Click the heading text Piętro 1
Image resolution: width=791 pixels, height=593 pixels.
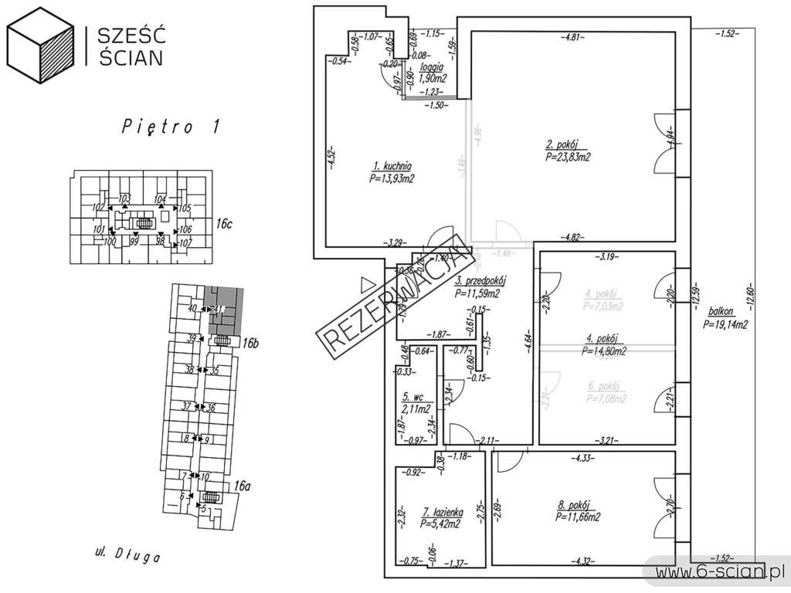point(171,127)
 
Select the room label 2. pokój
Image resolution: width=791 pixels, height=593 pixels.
point(562,144)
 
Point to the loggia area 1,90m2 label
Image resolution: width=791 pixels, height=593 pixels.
point(433,78)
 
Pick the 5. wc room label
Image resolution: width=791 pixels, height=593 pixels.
point(412,397)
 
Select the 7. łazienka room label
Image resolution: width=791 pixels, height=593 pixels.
point(442,511)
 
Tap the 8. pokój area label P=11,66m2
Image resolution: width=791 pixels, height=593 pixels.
point(578,517)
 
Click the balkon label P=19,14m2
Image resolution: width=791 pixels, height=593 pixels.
point(725,325)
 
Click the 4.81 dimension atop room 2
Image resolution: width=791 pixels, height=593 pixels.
point(572,37)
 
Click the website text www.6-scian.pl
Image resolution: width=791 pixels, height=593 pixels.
point(718,571)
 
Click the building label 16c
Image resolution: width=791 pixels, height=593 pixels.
point(224,225)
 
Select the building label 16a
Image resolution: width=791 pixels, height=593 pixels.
point(242,486)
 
